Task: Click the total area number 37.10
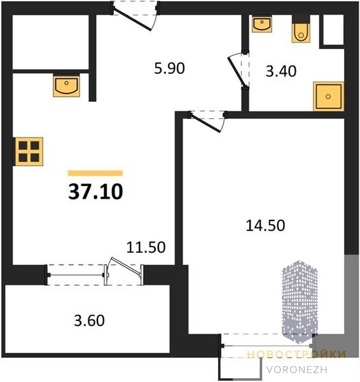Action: click(x=95, y=192)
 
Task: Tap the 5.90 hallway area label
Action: click(x=169, y=69)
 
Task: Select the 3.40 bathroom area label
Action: click(x=281, y=71)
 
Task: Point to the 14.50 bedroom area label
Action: click(x=265, y=225)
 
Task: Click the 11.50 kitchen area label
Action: click(x=146, y=247)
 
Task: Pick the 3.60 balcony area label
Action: click(x=89, y=320)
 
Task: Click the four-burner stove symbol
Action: click(x=29, y=152)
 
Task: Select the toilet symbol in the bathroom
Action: click(x=301, y=33)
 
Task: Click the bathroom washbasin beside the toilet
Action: click(x=262, y=24)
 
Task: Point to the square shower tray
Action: click(x=328, y=97)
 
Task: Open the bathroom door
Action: click(x=238, y=71)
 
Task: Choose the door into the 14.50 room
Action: click(x=207, y=121)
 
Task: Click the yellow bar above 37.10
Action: click(x=95, y=173)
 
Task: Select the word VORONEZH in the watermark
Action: click(x=296, y=370)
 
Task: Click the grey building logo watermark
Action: click(x=300, y=302)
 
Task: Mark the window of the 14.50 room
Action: click(x=267, y=346)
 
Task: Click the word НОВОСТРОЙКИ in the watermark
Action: click(x=296, y=355)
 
